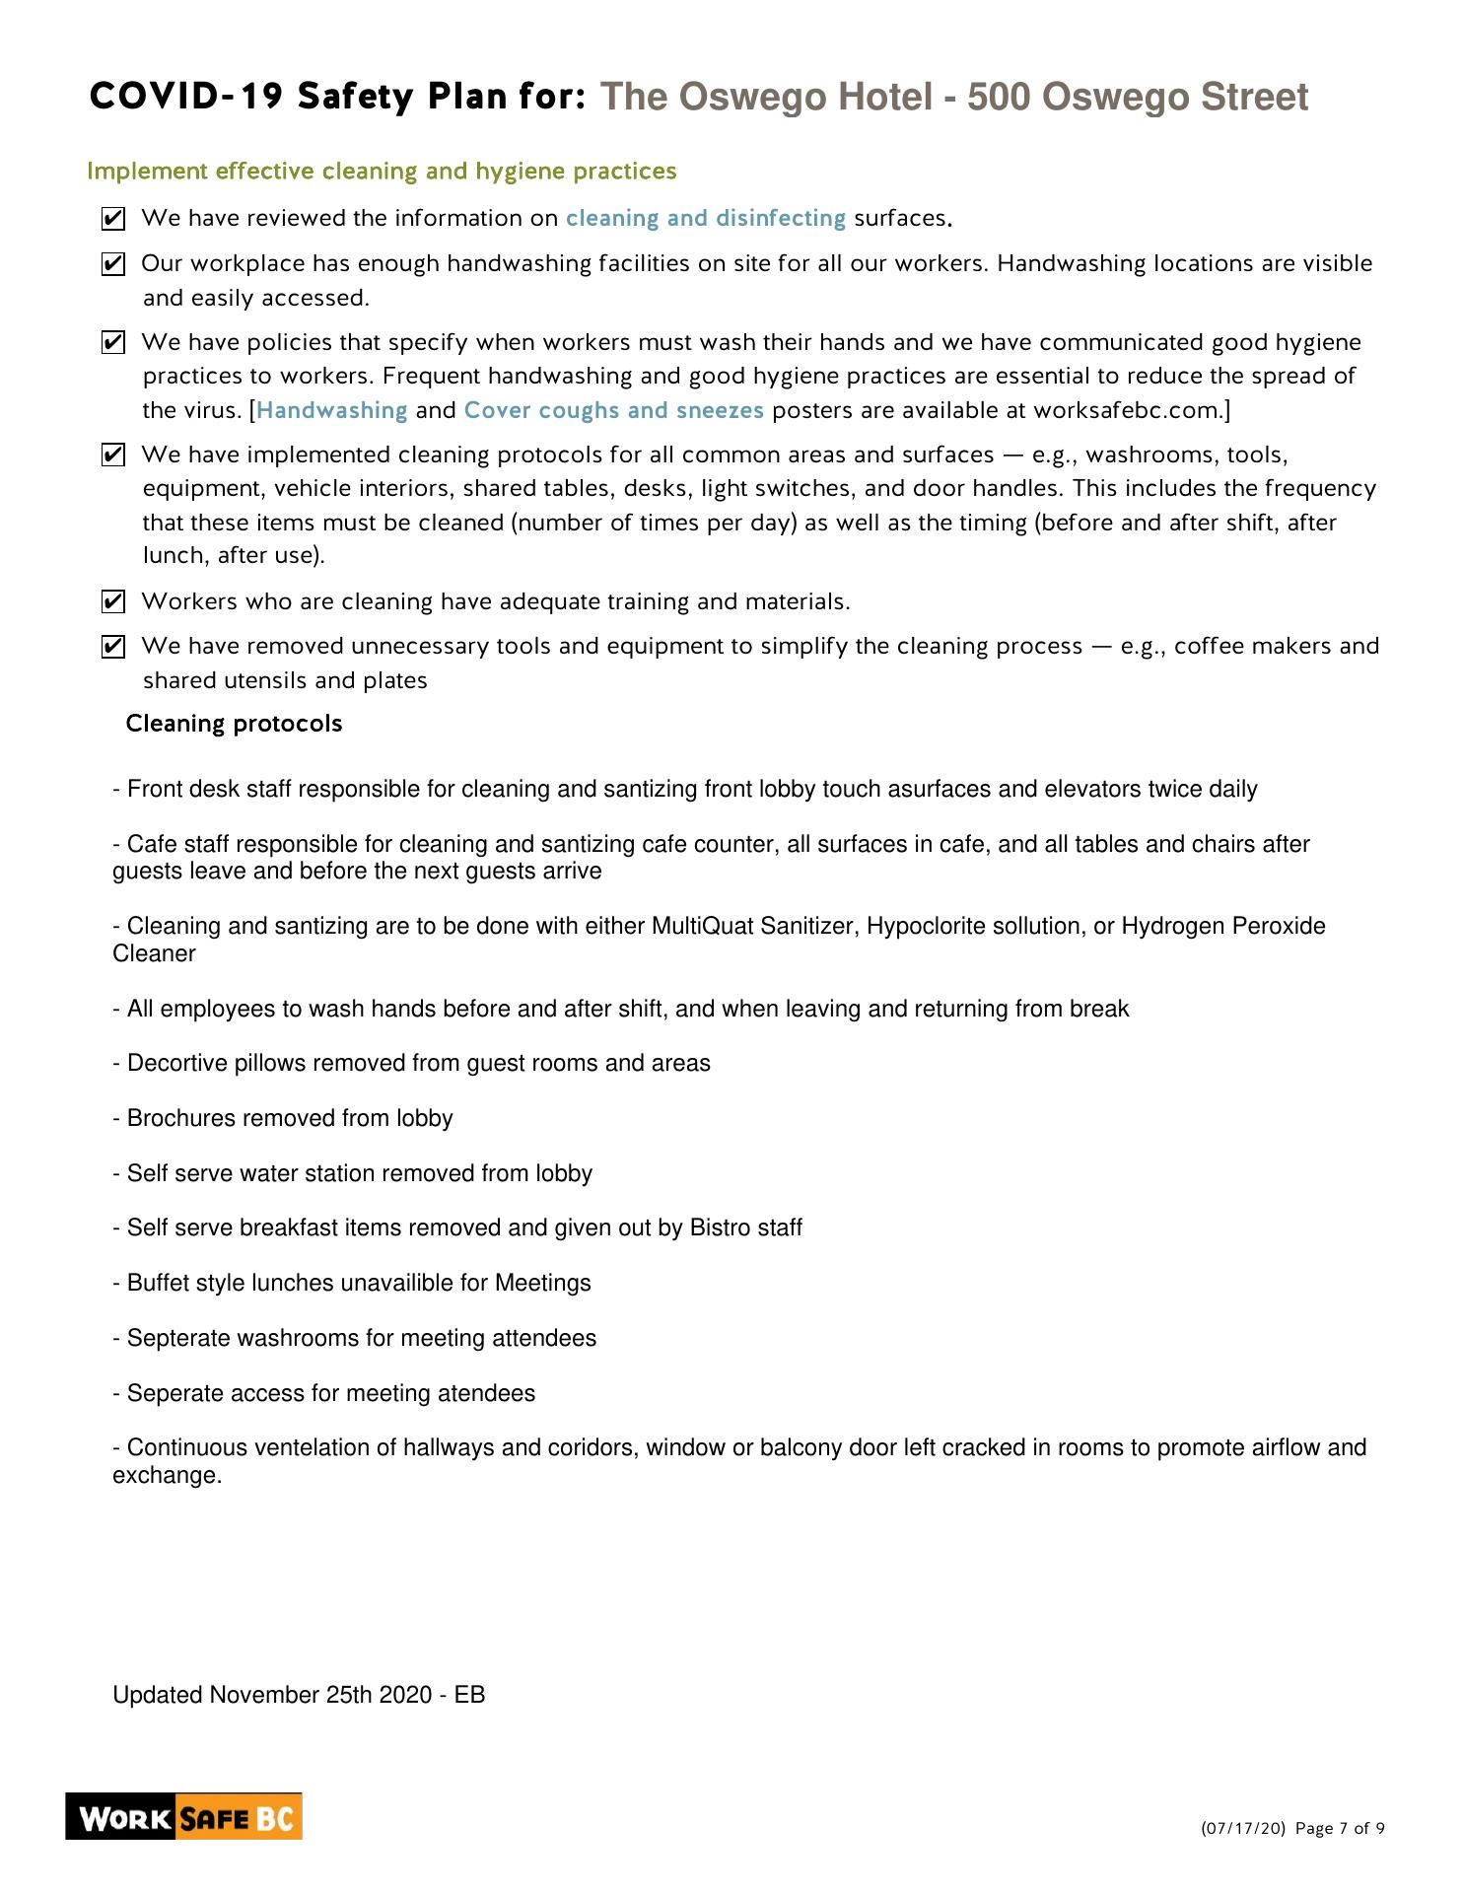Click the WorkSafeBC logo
click(x=183, y=1817)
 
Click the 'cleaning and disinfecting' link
click(x=705, y=218)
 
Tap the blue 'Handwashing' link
click(x=332, y=410)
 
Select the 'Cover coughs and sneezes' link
click(x=613, y=410)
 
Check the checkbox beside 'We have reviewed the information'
click(x=113, y=219)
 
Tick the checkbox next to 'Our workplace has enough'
click(x=113, y=264)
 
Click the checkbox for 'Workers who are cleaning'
click(x=113, y=601)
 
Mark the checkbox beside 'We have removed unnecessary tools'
click(x=113, y=647)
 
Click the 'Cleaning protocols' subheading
click(x=234, y=724)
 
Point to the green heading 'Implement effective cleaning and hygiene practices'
click(x=382, y=172)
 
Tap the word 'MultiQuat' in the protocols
click(x=702, y=927)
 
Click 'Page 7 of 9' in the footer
click(x=1340, y=1829)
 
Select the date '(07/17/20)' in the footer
click(x=1242, y=1829)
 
